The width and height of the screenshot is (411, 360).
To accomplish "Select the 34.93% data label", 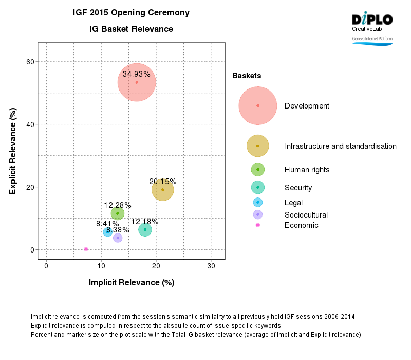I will pos(137,74).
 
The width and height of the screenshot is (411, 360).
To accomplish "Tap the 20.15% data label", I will pos(163,182).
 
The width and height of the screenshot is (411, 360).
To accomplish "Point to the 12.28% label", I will pos(118,205).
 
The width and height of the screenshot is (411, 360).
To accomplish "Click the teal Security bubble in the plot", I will pos(145,230).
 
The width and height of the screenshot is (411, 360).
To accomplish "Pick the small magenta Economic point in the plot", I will pos(86,249).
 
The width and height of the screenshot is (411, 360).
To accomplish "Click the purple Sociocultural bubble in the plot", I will pos(118,238).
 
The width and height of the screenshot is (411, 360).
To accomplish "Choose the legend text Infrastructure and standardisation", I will pos(341,146).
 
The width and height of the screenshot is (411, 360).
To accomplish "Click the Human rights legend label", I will pos(307,170).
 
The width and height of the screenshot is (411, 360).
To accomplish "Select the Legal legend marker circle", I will pos(258,202).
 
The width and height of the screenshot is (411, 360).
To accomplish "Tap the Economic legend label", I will pos(302,225).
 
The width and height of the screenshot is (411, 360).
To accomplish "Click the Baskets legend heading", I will pos(247,76).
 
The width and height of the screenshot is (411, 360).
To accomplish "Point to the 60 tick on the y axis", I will pos(31,62).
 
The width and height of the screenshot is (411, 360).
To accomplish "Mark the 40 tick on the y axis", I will pos(31,124).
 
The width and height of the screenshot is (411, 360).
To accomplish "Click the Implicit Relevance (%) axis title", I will pos(132,282).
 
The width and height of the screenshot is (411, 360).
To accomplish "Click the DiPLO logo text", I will pos(372,20).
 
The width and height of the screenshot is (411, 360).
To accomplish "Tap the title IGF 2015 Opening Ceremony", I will pos(131,12).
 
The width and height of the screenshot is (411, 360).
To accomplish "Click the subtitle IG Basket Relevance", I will pos(131,29).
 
